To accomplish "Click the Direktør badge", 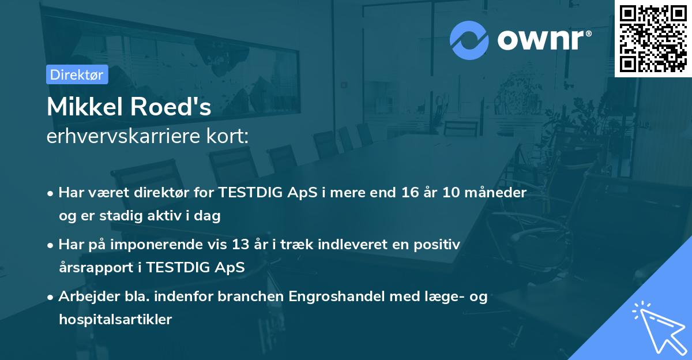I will (77, 74).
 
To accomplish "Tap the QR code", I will (653, 38).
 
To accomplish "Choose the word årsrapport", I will (96, 268).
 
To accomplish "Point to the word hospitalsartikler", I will (115, 320).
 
